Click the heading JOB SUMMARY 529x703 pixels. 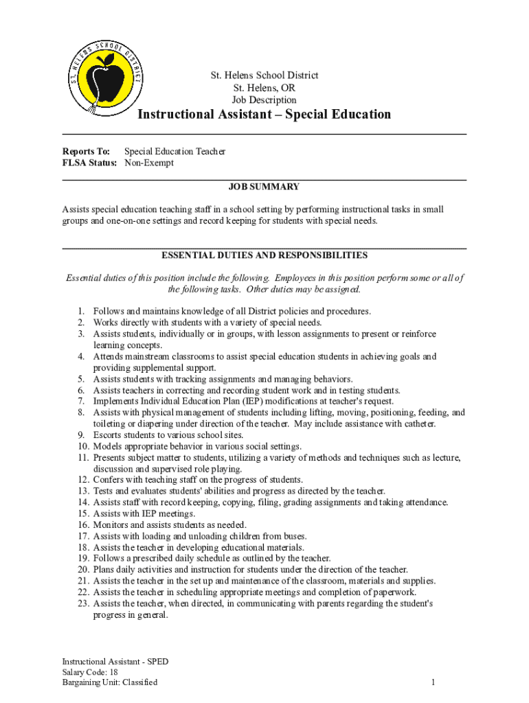(x=264, y=187)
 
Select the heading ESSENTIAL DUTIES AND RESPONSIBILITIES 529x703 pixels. (x=264, y=255)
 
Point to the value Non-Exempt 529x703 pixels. (x=149, y=163)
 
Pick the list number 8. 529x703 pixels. (x=80, y=413)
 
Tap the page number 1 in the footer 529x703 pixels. (x=434, y=682)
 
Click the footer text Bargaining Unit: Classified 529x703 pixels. (x=110, y=682)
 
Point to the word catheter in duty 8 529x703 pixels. (x=418, y=424)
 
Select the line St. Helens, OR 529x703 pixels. (x=264, y=88)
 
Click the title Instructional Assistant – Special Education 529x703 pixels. (x=264, y=114)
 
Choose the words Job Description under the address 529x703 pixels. (x=264, y=100)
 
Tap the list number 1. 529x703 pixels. (x=80, y=311)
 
